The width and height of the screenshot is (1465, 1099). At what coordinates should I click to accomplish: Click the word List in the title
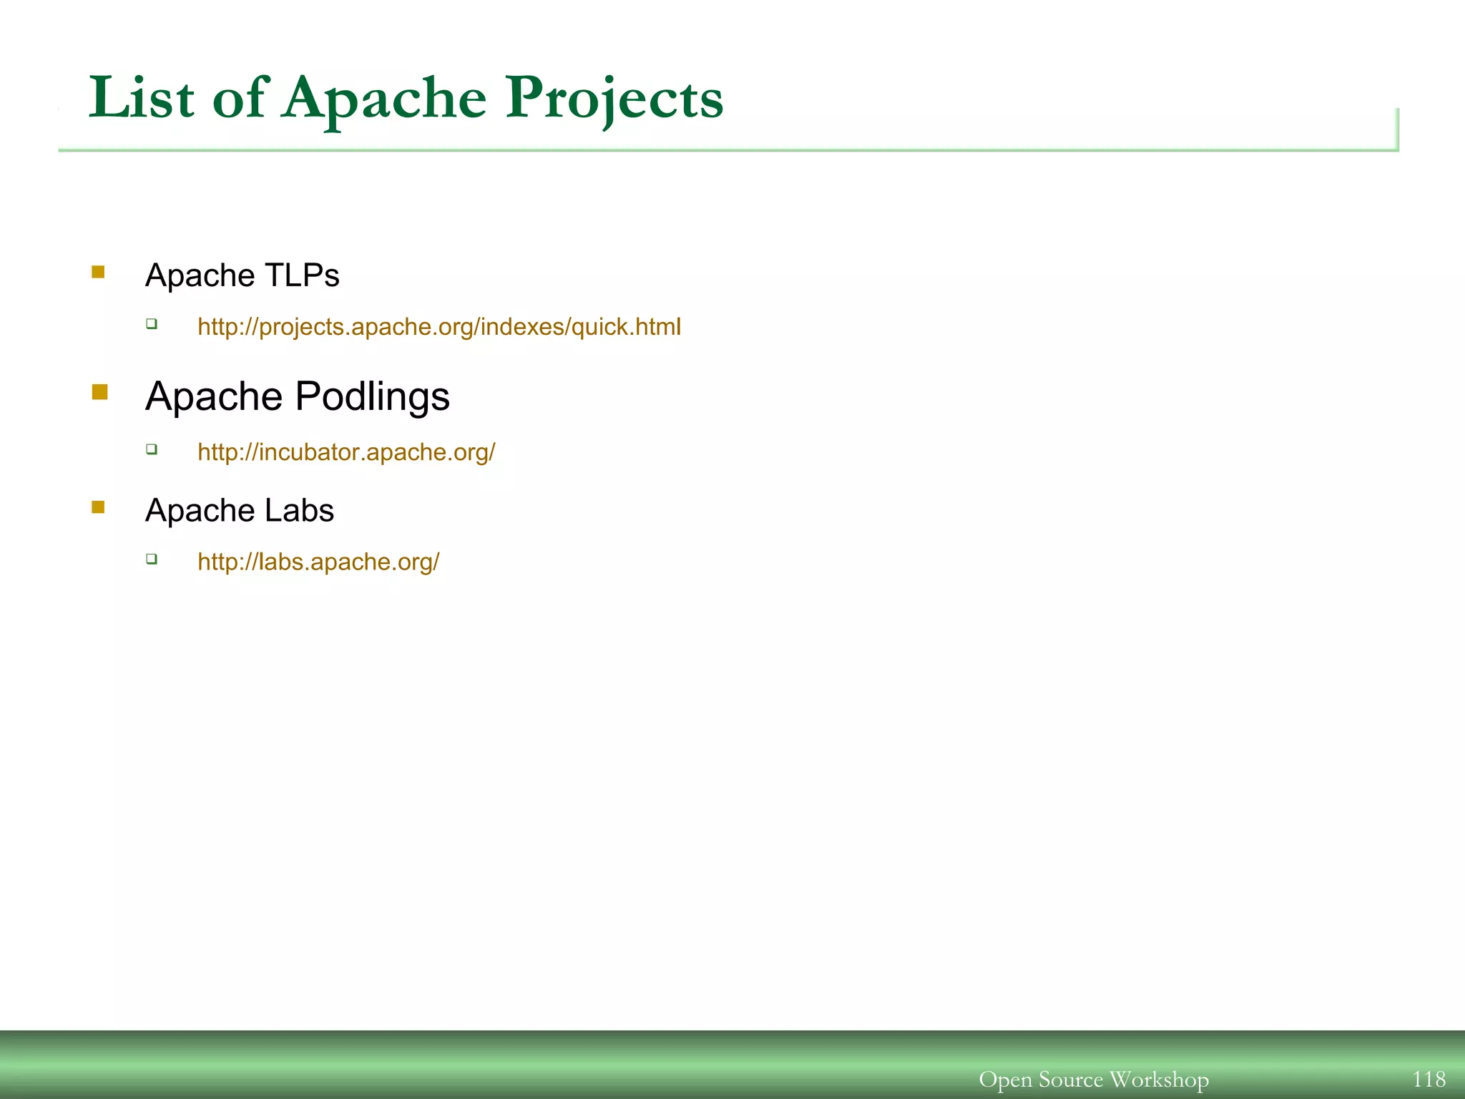click(x=141, y=98)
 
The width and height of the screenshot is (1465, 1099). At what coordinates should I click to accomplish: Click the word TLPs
click(x=301, y=275)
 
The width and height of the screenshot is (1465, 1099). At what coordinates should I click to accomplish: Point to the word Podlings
click(x=372, y=396)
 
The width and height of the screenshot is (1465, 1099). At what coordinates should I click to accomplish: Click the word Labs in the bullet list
click(x=298, y=511)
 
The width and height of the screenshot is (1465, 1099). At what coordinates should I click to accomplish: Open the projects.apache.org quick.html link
click(x=438, y=327)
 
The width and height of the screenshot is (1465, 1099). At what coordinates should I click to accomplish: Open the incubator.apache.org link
click(x=346, y=452)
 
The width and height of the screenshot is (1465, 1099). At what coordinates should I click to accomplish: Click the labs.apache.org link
click(x=318, y=562)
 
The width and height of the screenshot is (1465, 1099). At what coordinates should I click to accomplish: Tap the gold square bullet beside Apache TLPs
click(x=99, y=272)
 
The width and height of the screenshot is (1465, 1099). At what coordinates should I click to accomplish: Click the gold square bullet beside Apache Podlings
click(x=99, y=392)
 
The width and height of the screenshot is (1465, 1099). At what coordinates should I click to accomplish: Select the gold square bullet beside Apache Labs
click(x=99, y=507)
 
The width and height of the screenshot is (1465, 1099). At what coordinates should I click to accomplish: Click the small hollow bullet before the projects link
click(x=152, y=324)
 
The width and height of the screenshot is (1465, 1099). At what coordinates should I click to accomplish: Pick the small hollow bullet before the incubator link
click(x=152, y=449)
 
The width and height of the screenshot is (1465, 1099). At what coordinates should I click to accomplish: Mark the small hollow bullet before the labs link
click(x=152, y=559)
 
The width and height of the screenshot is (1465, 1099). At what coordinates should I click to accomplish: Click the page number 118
click(x=1429, y=1079)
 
